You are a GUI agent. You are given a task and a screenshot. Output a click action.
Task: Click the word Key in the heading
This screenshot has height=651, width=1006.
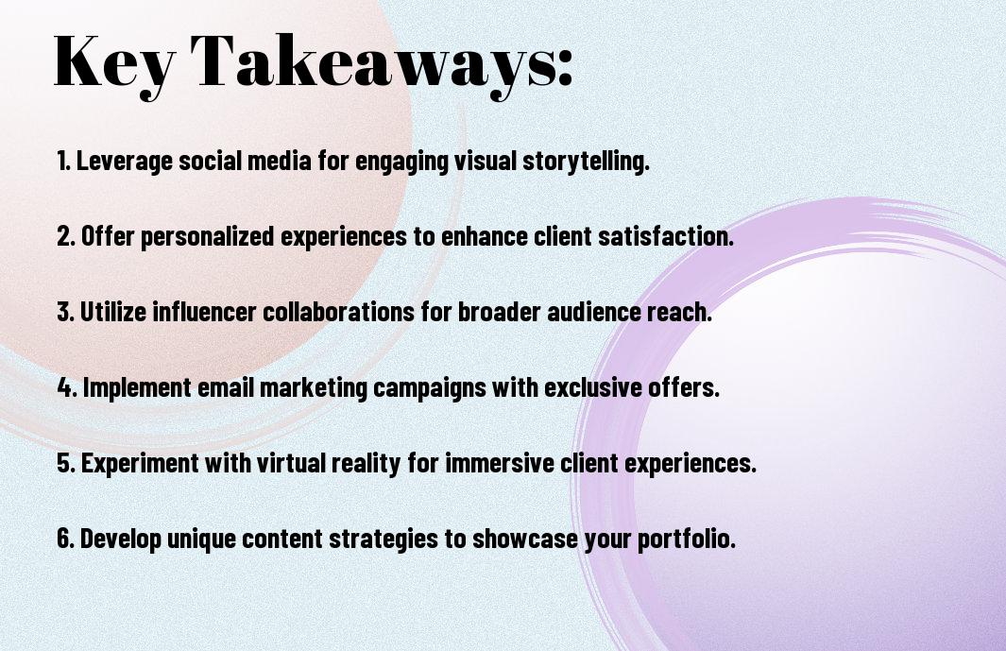click(x=114, y=63)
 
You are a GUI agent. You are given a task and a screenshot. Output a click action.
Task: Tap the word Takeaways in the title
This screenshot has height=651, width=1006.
click(x=371, y=63)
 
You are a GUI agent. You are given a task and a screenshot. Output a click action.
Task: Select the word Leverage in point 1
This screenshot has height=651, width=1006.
click(x=125, y=162)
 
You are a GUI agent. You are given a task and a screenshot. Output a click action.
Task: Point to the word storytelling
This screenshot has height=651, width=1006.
click(x=586, y=162)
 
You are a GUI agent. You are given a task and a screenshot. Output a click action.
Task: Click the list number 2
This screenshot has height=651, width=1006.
click(x=65, y=236)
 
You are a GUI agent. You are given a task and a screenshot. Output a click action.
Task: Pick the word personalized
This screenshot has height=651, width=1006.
click(x=207, y=237)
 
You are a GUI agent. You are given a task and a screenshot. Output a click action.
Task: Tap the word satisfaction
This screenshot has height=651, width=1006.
click(x=666, y=236)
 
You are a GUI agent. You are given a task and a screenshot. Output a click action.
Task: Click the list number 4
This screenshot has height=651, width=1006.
click(x=67, y=387)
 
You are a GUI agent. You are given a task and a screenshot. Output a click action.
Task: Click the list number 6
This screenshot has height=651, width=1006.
click(x=65, y=538)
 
